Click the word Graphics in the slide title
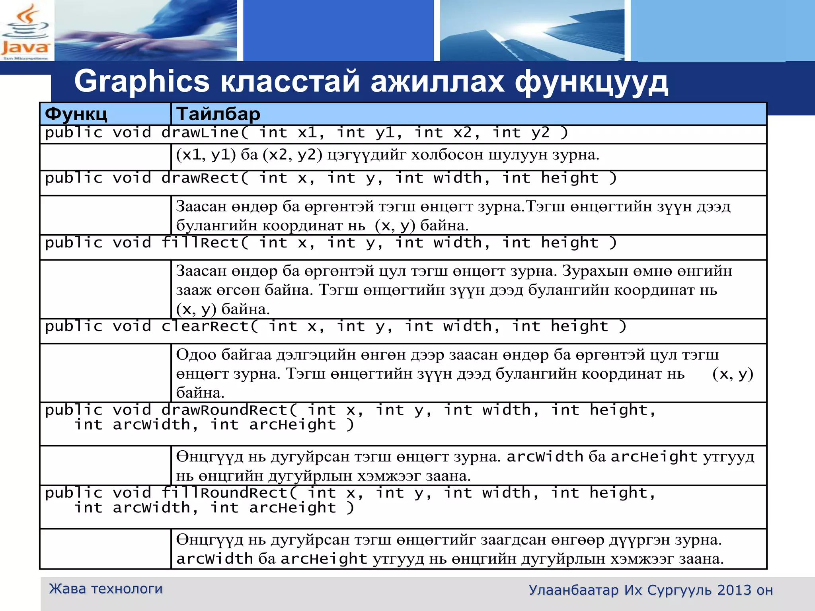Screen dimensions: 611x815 pyautogui.click(x=142, y=82)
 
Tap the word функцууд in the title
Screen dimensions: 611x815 pyautogui.click(x=591, y=82)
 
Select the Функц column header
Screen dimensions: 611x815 pyautogui.click(x=76, y=114)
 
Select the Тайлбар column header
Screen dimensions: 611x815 pyautogui.click(x=218, y=114)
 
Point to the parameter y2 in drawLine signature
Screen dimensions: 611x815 pyautogui.click(x=540, y=133)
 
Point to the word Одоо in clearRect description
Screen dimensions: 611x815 pyautogui.click(x=196, y=354)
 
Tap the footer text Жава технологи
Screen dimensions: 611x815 pyautogui.click(x=106, y=589)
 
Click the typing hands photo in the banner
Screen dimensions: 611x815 pyautogui.click(x=146, y=31)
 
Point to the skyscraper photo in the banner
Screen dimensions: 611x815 pyautogui.click(x=532, y=31)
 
